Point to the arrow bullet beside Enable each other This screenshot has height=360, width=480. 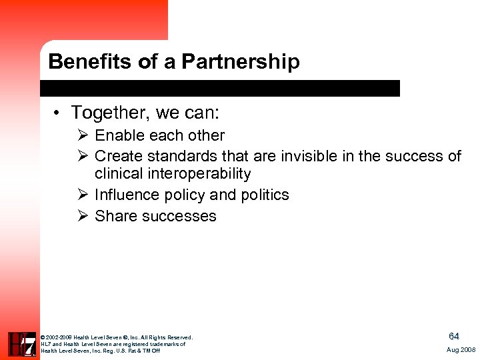pyautogui.click(x=83, y=135)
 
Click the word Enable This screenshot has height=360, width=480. pyautogui.click(x=118, y=135)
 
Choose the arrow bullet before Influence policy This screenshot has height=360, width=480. pyautogui.click(x=83, y=195)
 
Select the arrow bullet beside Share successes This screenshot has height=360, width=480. pyautogui.click(x=83, y=216)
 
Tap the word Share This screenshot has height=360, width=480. pyautogui.click(x=114, y=216)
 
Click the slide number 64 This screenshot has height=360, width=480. pyautogui.click(x=454, y=337)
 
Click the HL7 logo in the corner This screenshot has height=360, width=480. pyautogui.click(x=21, y=344)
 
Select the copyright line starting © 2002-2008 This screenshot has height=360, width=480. pyautogui.click(x=117, y=337)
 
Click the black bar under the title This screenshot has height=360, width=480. pyautogui.click(x=220, y=88)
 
